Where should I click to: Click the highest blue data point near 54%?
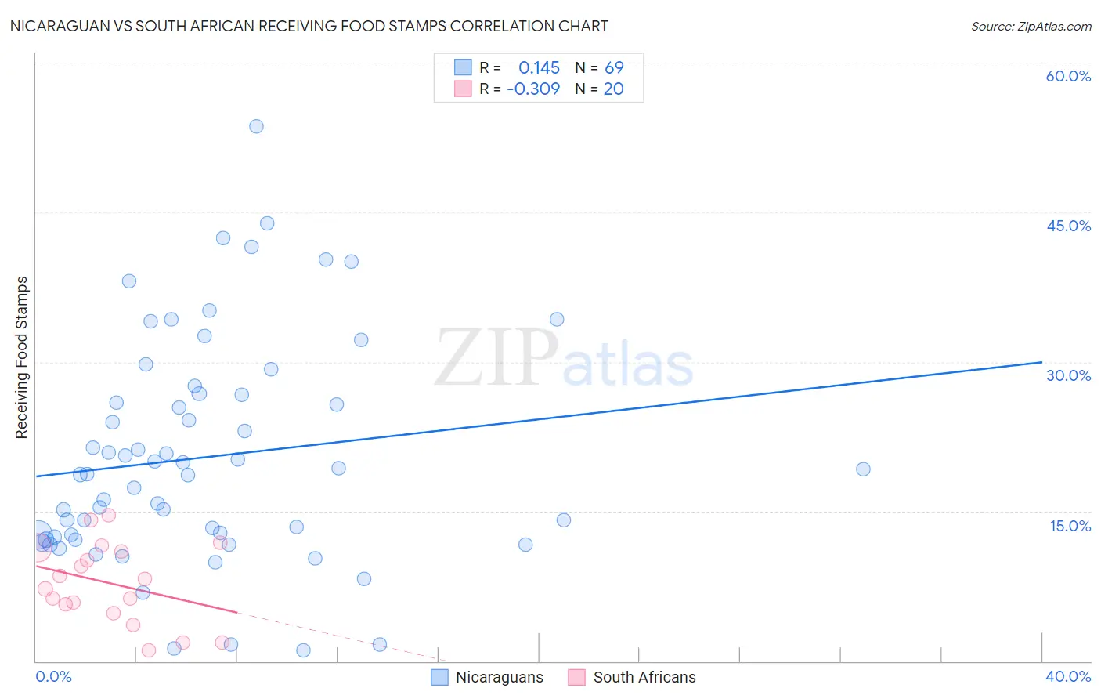[256, 126]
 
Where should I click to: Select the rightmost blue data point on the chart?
[863, 469]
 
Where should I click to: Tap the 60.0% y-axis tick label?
[1068, 76]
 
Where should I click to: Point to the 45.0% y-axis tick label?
[1068, 226]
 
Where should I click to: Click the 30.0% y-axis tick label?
[1068, 375]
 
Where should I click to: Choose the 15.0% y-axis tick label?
[1070, 526]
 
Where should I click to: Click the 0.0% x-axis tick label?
[53, 676]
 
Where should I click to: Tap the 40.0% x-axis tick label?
[1068, 676]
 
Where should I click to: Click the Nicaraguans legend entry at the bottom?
[499, 677]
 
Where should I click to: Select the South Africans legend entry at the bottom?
[644, 677]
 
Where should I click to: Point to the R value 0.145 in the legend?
[539, 68]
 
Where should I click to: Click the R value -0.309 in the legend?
[533, 89]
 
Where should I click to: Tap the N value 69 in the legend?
[614, 68]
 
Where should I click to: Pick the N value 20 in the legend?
[613, 89]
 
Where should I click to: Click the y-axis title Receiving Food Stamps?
[21, 357]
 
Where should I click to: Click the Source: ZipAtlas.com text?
[1031, 27]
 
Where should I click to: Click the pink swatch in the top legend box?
[463, 89]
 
